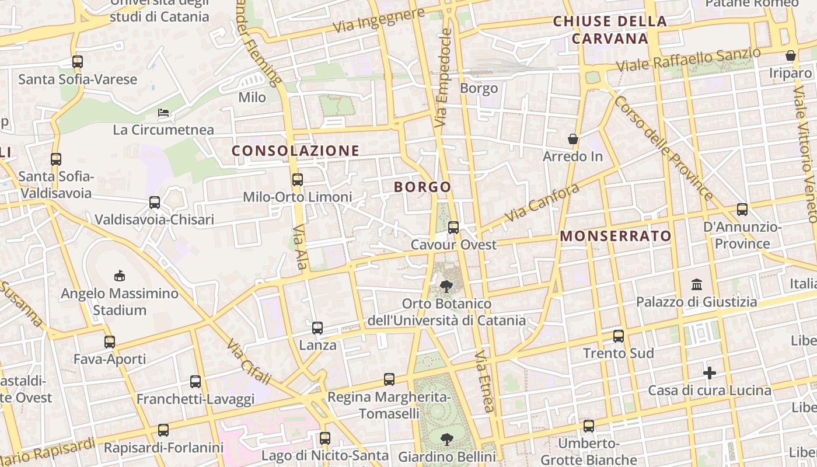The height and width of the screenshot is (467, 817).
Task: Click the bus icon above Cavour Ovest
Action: (453, 227)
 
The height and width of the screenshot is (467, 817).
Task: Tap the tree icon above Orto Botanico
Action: (446, 287)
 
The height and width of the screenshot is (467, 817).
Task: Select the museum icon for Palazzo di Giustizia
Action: (696, 285)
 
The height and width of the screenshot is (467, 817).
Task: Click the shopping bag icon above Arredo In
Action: (573, 139)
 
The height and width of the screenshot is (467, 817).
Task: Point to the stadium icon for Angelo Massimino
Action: (120, 275)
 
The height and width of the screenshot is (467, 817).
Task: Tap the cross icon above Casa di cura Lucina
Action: (710, 372)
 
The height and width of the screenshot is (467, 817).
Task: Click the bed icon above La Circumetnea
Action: (163, 112)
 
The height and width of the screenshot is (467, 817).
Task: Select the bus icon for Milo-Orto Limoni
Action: (298, 179)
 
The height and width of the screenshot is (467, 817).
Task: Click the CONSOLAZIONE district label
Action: (295, 151)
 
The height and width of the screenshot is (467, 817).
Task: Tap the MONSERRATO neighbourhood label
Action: (616, 236)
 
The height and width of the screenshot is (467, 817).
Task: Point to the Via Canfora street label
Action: (542, 203)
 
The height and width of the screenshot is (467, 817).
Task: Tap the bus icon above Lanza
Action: (317, 328)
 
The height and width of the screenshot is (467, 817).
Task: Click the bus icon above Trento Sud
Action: (619, 336)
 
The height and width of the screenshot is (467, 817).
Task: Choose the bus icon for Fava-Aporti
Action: (110, 342)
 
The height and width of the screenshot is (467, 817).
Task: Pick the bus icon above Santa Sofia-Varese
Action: (78, 61)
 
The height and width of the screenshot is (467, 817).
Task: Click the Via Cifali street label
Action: (249, 362)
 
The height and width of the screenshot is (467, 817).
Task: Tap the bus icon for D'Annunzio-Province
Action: (742, 209)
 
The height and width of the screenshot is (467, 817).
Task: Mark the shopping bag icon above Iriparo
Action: (791, 55)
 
